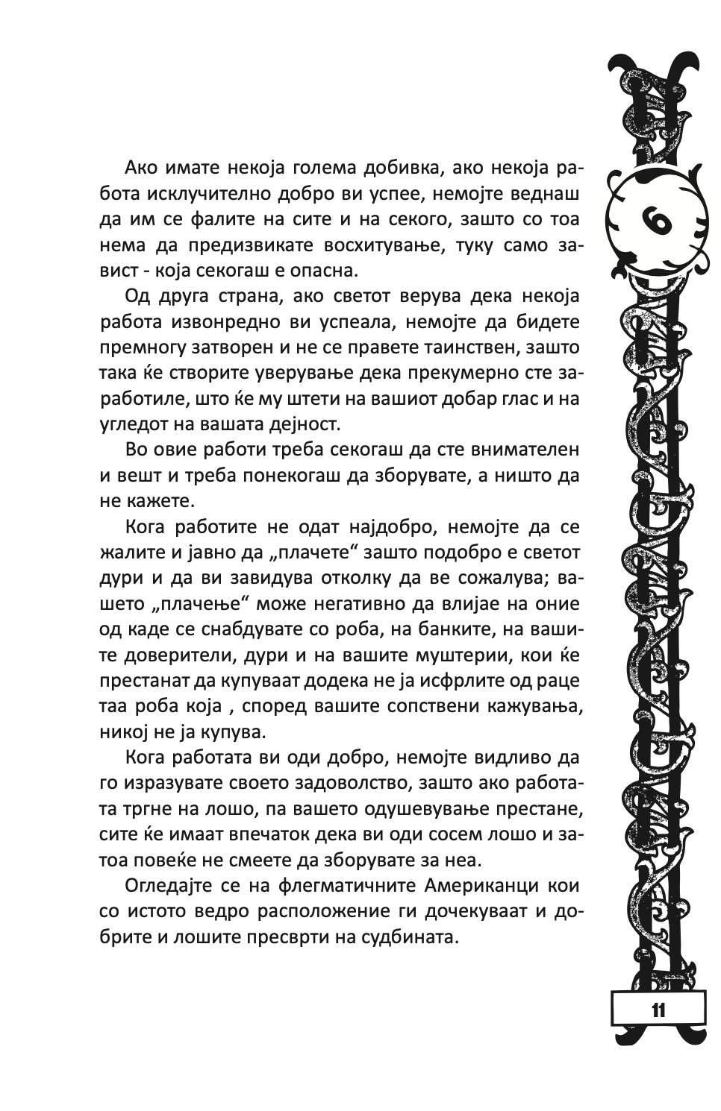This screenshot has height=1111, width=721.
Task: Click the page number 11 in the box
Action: coord(658,1010)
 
